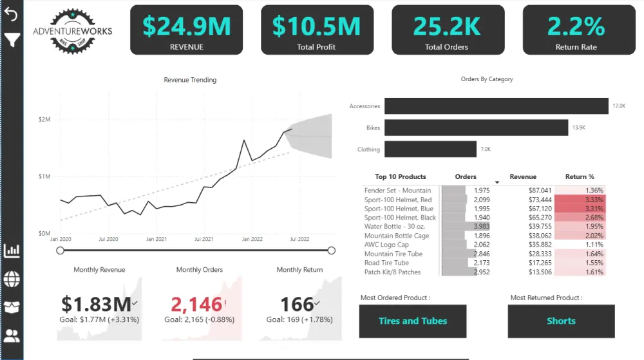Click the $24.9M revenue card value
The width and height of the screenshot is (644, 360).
(x=186, y=26)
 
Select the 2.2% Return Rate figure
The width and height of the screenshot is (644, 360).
(x=576, y=26)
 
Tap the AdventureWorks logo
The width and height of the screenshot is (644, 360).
(x=72, y=30)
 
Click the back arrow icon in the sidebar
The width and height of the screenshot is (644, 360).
(x=12, y=14)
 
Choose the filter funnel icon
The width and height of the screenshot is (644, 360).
(x=12, y=41)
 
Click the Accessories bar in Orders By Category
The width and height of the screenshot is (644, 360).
(x=496, y=106)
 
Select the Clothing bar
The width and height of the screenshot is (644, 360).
(x=430, y=149)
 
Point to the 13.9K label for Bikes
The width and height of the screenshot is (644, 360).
(x=578, y=128)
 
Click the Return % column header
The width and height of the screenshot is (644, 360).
(x=580, y=176)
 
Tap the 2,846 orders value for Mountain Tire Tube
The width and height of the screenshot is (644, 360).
(x=482, y=254)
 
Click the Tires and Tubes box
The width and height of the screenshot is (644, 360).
(x=413, y=321)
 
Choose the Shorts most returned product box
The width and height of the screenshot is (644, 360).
(x=561, y=321)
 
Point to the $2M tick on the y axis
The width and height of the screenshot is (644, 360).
(x=44, y=120)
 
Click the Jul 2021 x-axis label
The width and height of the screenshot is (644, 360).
(x=204, y=239)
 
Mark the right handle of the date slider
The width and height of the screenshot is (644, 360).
(x=332, y=251)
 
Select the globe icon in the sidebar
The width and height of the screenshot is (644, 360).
(x=12, y=279)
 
